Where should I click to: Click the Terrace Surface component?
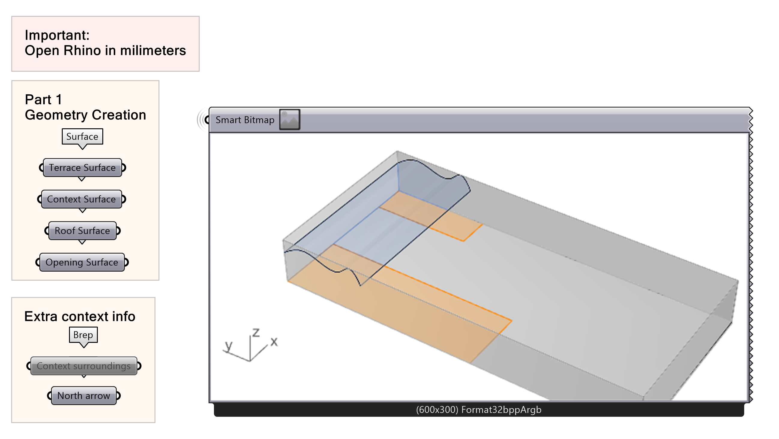pyautogui.click(x=82, y=167)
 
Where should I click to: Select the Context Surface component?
pyautogui.click(x=81, y=199)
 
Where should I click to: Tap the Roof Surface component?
pyautogui.click(x=82, y=231)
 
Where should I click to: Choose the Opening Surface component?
pyautogui.click(x=82, y=262)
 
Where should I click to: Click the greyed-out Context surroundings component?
pyautogui.click(x=83, y=366)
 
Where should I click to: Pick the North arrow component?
pyautogui.click(x=84, y=396)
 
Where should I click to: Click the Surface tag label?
pyautogui.click(x=82, y=136)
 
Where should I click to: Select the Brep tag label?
pyautogui.click(x=83, y=335)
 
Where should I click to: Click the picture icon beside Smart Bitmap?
pyautogui.click(x=289, y=120)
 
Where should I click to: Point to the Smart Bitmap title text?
pyautogui.click(x=245, y=120)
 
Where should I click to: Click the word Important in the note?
pyautogui.click(x=56, y=35)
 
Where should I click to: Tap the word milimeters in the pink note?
pyautogui.click(x=153, y=50)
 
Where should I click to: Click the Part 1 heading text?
pyautogui.click(x=43, y=99)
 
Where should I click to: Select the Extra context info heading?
pyautogui.click(x=80, y=316)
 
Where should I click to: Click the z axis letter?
pyautogui.click(x=256, y=332)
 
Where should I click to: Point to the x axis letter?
pyautogui.click(x=274, y=342)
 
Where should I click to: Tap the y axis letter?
pyautogui.click(x=229, y=345)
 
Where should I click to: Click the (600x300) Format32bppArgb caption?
pyautogui.click(x=478, y=410)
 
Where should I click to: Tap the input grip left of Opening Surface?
pyautogui.click(x=38, y=262)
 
